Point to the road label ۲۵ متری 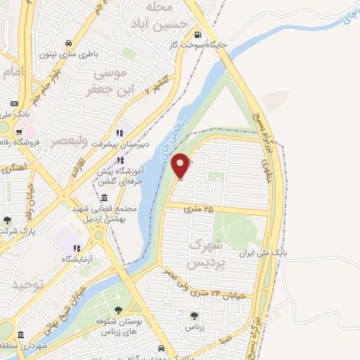click(198, 209)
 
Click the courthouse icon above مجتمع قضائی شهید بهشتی click(105, 197)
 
